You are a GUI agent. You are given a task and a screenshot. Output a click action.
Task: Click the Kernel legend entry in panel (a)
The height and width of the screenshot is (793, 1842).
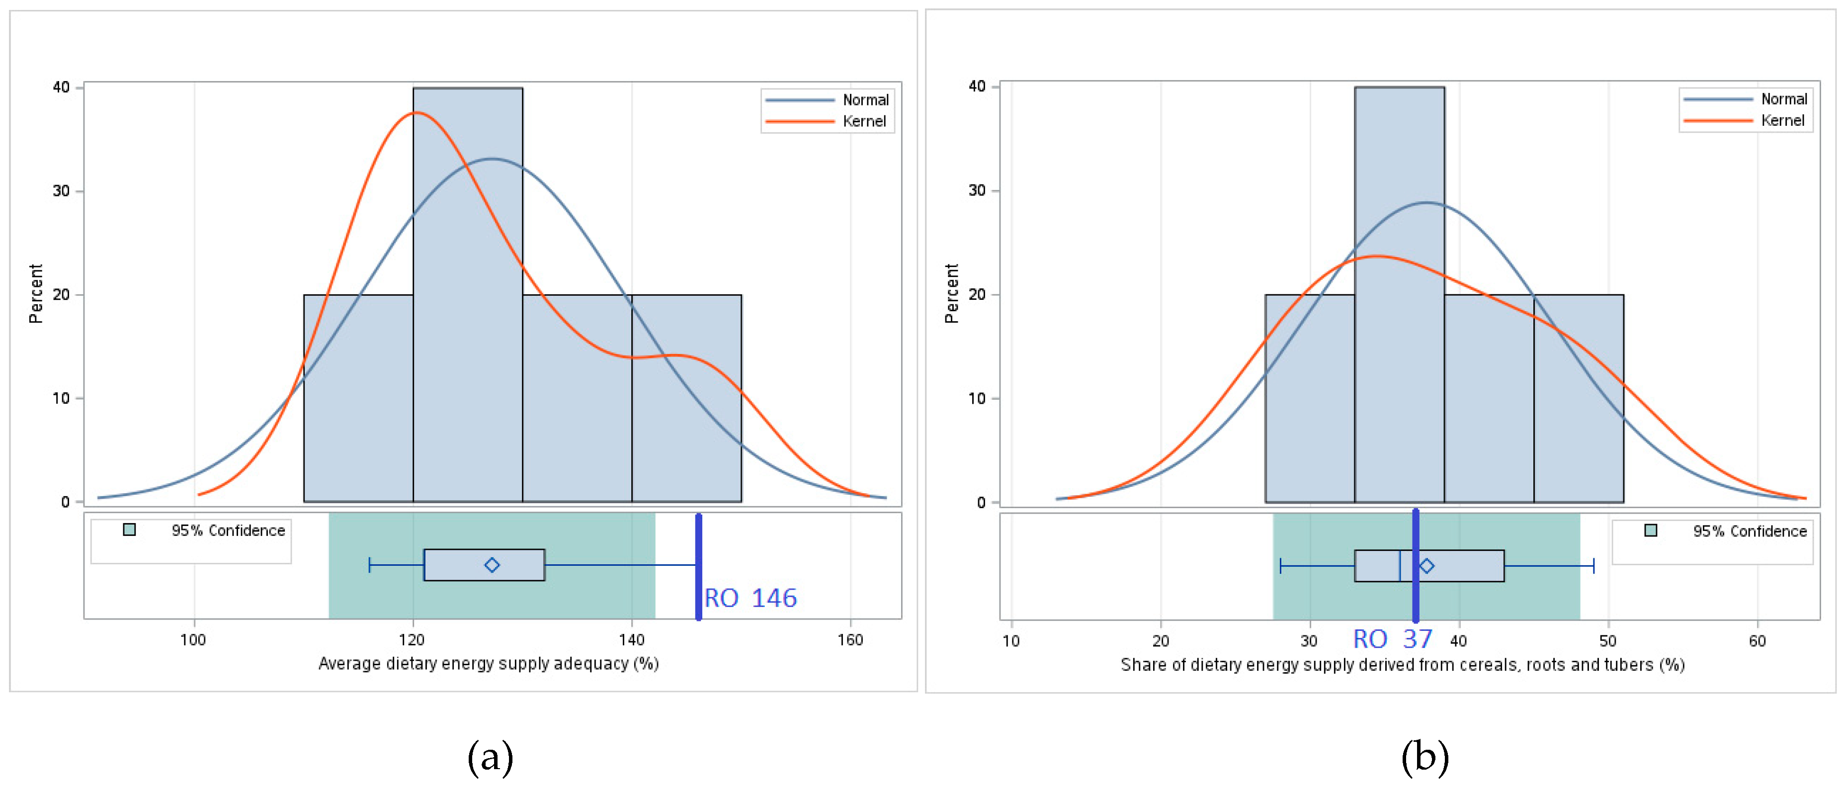pyautogui.click(x=864, y=121)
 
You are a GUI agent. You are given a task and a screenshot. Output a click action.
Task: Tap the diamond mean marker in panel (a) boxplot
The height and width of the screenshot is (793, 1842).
pyautogui.click(x=492, y=565)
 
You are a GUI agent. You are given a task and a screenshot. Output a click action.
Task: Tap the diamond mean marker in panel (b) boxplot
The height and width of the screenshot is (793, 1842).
pyautogui.click(x=1426, y=566)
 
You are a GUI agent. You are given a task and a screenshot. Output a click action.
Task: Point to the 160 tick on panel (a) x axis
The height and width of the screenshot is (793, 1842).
pyautogui.click(x=850, y=640)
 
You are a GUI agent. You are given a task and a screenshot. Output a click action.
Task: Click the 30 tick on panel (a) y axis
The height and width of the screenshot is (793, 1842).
pyautogui.click(x=62, y=191)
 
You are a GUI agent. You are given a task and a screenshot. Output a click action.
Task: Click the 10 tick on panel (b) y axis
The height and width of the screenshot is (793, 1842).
pyautogui.click(x=977, y=398)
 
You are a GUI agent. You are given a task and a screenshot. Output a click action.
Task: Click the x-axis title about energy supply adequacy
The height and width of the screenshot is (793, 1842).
pyautogui.click(x=489, y=664)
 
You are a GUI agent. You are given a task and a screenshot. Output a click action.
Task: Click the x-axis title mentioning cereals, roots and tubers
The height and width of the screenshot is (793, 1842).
pyautogui.click(x=1402, y=665)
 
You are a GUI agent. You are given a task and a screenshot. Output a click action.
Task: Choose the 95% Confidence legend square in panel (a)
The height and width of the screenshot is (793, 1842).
pyautogui.click(x=129, y=530)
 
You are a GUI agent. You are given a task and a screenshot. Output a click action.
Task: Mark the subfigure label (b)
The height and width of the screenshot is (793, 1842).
pyautogui.click(x=1424, y=757)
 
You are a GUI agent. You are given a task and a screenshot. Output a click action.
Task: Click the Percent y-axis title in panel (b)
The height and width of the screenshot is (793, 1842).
pyautogui.click(x=951, y=293)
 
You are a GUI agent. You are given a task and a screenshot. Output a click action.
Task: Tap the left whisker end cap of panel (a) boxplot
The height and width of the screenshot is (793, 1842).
pyautogui.click(x=370, y=565)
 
